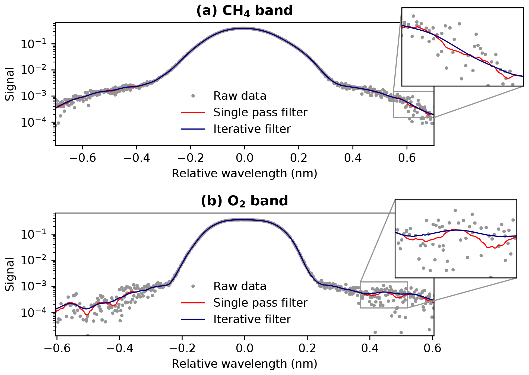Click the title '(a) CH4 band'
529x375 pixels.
click(244, 11)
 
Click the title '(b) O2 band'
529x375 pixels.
click(244, 201)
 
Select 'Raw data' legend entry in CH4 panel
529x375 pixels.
click(240, 96)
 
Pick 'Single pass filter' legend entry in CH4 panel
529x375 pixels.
click(260, 113)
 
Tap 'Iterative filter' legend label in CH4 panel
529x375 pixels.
click(252, 129)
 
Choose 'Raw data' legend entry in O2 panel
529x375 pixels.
click(240, 286)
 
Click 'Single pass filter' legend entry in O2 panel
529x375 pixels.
click(260, 303)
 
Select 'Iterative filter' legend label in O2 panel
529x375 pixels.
click(252, 319)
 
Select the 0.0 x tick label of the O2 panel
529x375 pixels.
click(244, 348)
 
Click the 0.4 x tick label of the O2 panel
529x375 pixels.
click(370, 348)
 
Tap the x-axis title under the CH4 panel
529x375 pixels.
click(244, 174)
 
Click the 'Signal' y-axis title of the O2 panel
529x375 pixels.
click(10, 274)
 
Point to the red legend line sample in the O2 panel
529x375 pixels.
click(193, 303)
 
